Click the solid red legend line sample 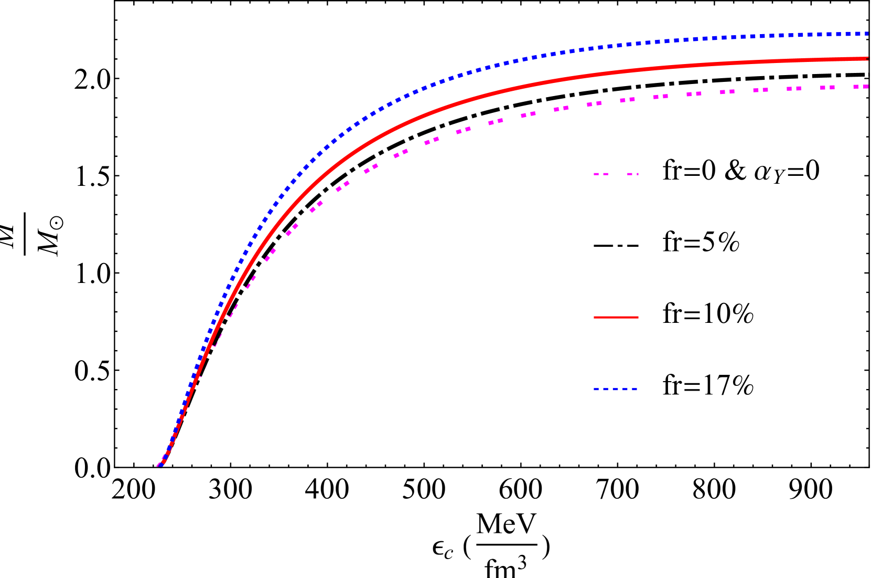[x=616, y=318]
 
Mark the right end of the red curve [x=867, y=59]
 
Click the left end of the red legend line [x=595, y=318]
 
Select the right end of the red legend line [x=638, y=318]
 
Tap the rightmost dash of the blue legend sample [x=634, y=389]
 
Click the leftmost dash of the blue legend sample [x=596, y=389]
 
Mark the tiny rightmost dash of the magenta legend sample [x=638, y=174]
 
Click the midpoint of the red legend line [x=616, y=318]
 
